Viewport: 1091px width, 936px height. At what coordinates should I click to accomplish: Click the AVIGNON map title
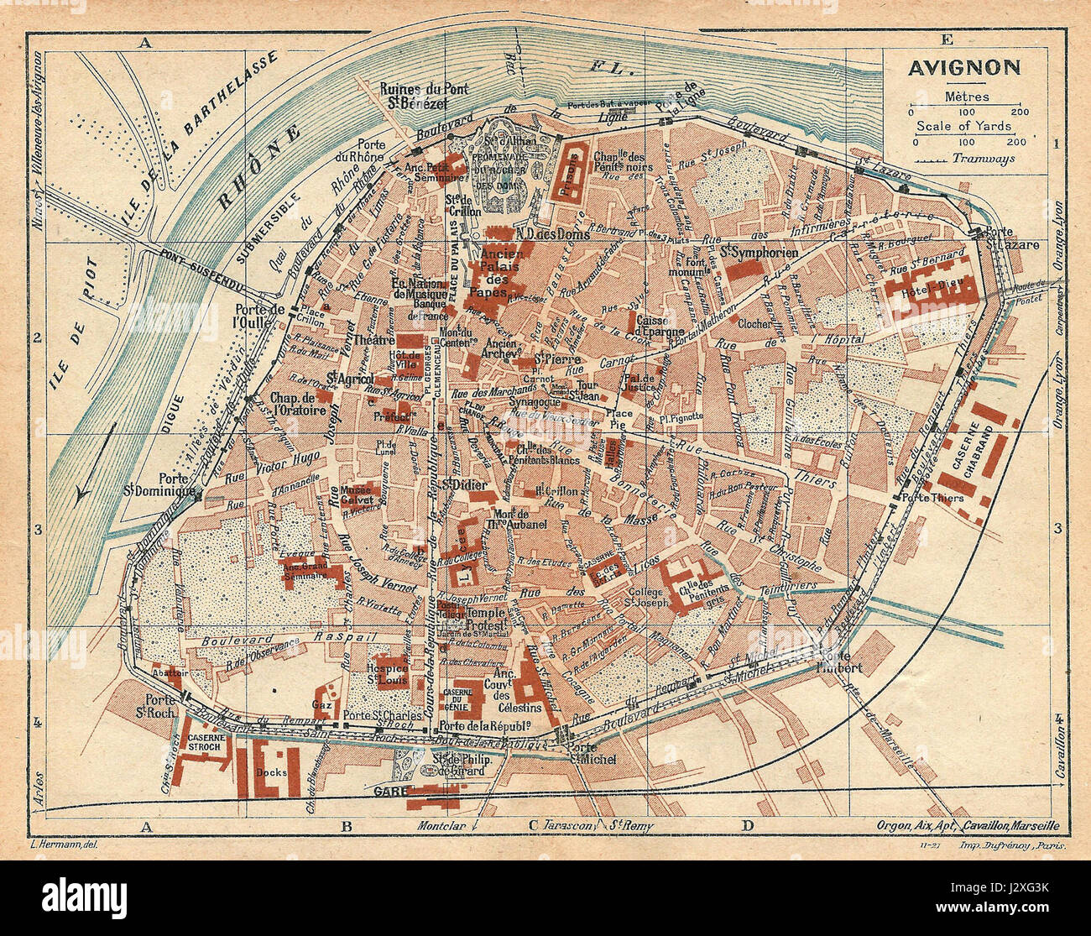(963, 68)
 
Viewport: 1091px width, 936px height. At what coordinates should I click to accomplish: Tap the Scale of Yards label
(963, 127)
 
